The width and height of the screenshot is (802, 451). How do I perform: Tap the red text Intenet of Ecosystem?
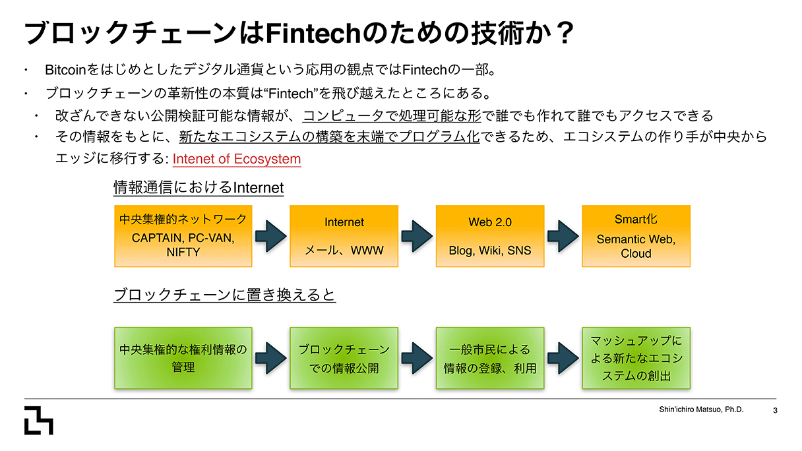click(236, 159)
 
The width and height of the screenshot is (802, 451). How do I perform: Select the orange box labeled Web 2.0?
click(490, 235)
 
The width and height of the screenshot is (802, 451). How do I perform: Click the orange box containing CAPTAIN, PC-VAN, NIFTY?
click(183, 235)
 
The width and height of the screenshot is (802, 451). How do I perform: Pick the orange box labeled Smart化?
click(636, 235)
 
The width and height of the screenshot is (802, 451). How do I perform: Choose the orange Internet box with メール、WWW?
click(344, 235)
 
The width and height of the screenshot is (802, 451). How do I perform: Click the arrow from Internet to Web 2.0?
click(417, 235)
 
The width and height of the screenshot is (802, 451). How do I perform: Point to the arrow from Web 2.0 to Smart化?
click(563, 235)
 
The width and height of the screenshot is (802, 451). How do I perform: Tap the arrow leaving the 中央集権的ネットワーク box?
click(270, 235)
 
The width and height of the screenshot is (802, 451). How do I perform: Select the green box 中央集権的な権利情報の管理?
click(183, 357)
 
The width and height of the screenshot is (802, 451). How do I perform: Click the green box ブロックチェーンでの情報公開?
click(344, 357)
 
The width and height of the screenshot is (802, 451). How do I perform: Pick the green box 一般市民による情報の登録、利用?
click(490, 357)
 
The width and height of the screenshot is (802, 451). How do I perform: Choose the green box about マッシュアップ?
click(636, 357)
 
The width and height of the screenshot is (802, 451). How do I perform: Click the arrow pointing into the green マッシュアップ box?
click(563, 357)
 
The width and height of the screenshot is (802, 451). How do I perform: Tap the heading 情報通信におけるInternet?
click(199, 188)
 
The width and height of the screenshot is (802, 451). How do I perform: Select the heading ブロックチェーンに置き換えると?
click(224, 295)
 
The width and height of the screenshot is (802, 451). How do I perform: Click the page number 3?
click(775, 410)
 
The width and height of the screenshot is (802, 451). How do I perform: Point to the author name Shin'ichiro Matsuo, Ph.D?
click(701, 409)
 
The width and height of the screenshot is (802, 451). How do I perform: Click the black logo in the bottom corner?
click(38, 420)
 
